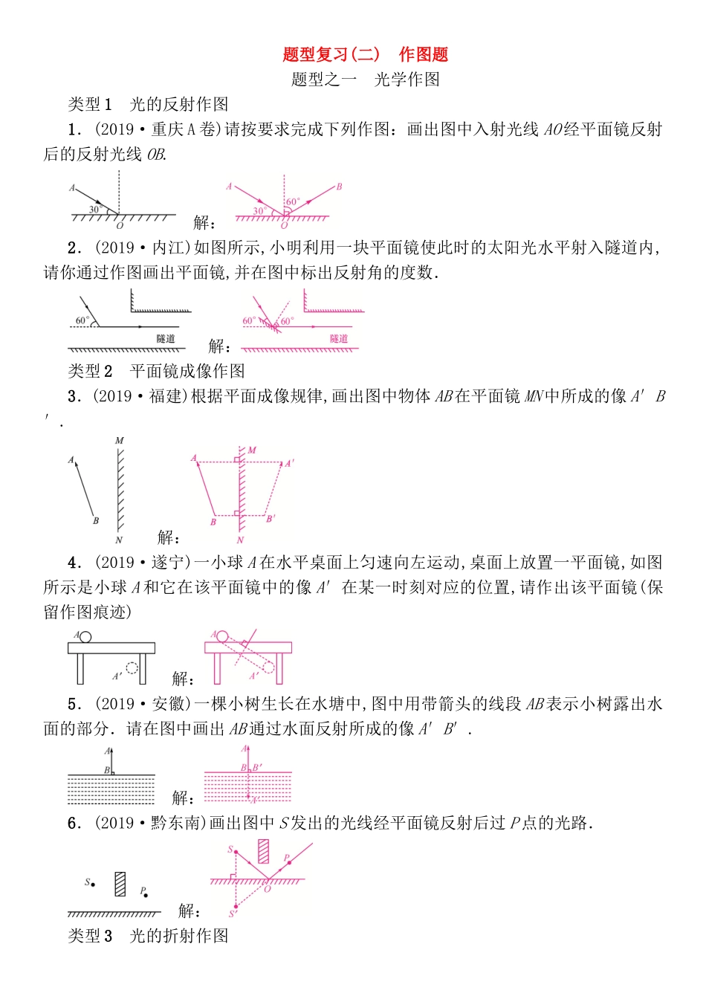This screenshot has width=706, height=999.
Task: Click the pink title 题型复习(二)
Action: coord(331,54)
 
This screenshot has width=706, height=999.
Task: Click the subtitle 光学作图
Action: coord(407,80)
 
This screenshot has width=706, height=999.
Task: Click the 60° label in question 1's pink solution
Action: coord(293,201)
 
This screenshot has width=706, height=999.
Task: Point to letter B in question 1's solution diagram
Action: coord(339,187)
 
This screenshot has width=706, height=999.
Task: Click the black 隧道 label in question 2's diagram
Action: coord(165,339)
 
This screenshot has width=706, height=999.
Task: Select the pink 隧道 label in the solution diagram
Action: coord(339,339)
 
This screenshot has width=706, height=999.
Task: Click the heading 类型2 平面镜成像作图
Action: coord(156,371)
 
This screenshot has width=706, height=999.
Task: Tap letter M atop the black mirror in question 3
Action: coord(119,441)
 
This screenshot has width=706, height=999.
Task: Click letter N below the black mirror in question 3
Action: coord(119,540)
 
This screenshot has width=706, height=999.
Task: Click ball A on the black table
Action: coord(85,636)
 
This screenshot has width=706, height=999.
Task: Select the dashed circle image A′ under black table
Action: coord(132,667)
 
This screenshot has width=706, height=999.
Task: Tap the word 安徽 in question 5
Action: coord(167,704)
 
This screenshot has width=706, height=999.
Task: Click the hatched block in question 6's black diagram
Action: coord(120,883)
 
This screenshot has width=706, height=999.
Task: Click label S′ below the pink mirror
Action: coord(232,914)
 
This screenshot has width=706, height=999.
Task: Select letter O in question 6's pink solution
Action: coord(268,889)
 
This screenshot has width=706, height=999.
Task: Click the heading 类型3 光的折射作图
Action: coord(148,936)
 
